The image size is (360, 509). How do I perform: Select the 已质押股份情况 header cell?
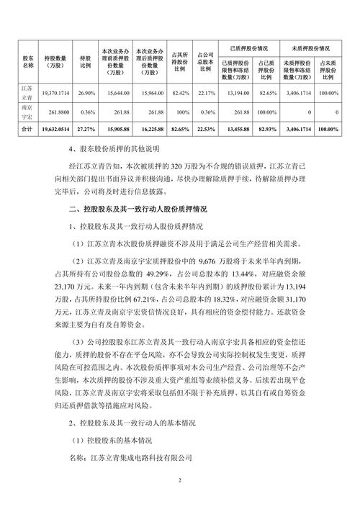pyautogui.click(x=249, y=43)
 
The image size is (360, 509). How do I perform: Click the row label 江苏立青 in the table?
pyautogui.click(x=29, y=92)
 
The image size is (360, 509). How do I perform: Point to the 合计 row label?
pyautogui.click(x=29, y=130)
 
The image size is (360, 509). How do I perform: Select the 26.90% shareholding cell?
pyautogui.click(x=86, y=94)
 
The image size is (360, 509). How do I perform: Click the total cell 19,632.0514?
pyautogui.click(x=57, y=130)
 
